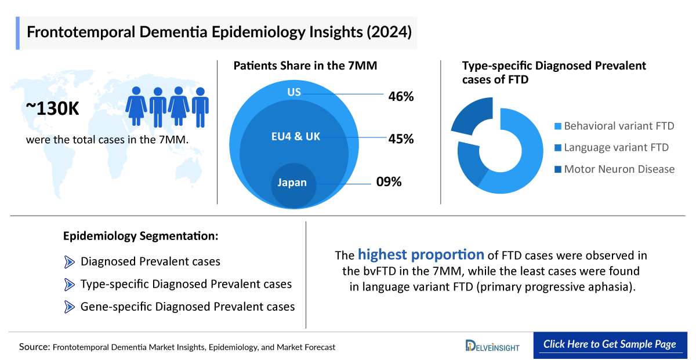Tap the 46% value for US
[x=401, y=96]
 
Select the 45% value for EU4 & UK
[x=401, y=139]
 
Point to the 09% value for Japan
[x=389, y=182]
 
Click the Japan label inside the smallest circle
[x=292, y=183]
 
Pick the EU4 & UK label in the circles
[x=296, y=137]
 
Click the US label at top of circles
[x=294, y=93]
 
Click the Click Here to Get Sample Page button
[x=610, y=344]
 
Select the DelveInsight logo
[x=492, y=346]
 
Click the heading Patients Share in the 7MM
[x=305, y=66]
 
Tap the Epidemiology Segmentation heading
[x=141, y=236]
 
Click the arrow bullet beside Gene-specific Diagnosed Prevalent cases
[x=70, y=307]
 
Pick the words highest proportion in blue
[x=420, y=254]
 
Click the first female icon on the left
[x=136, y=106]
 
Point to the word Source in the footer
[x=34, y=347]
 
